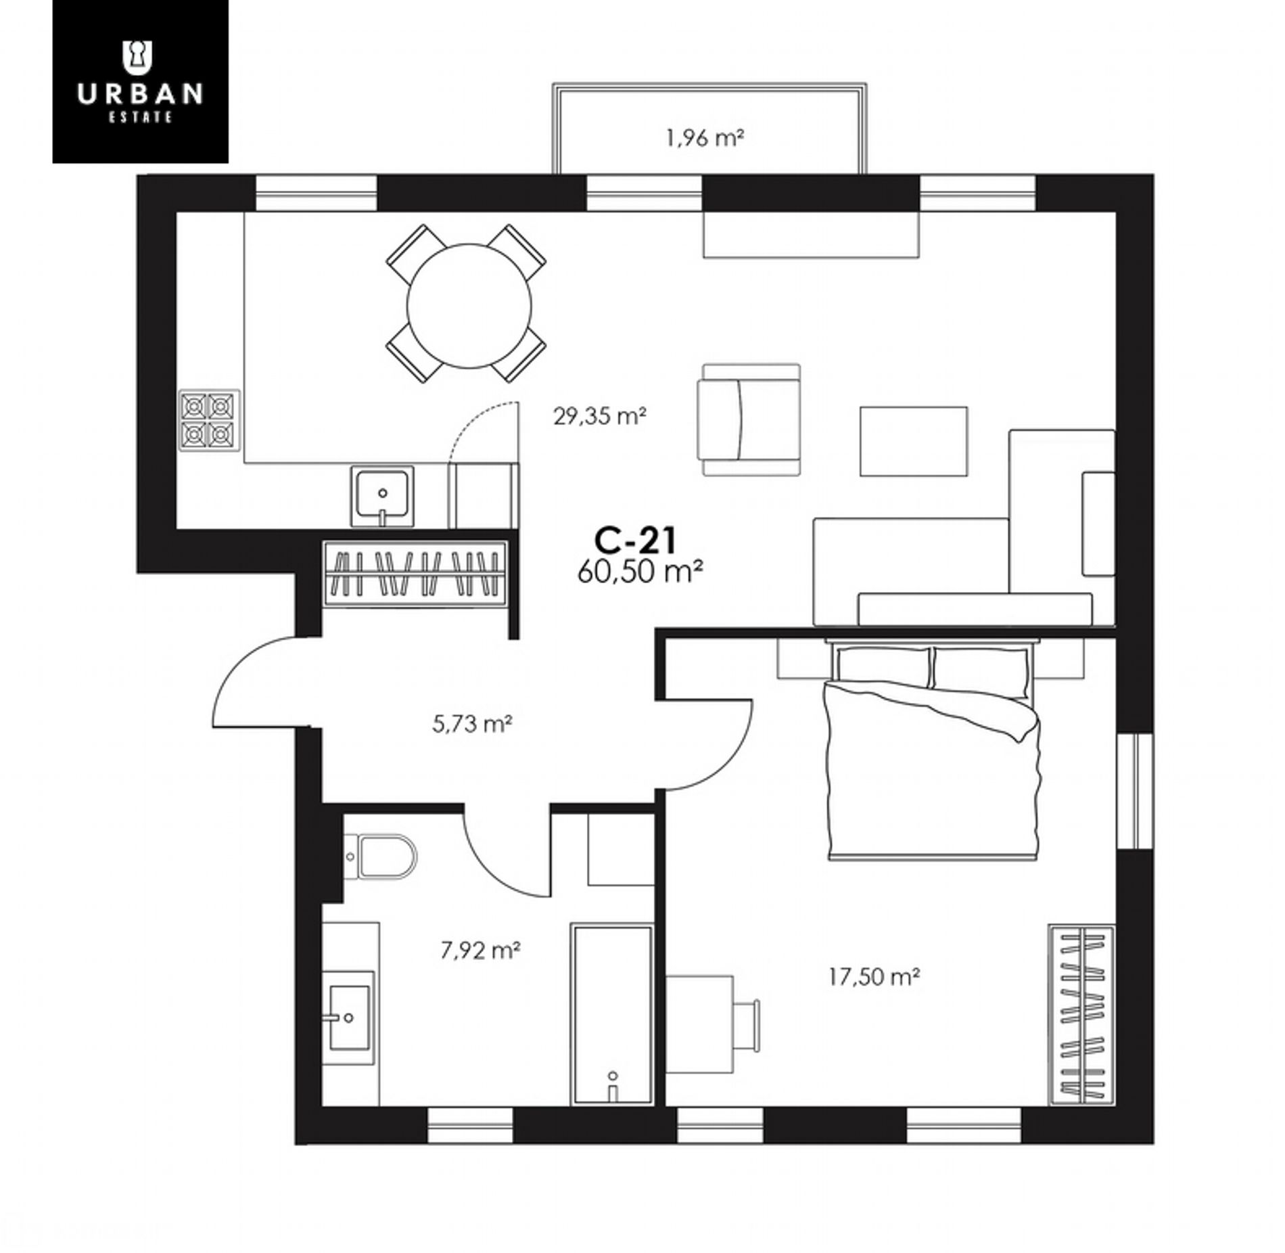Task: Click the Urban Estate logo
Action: click(141, 81)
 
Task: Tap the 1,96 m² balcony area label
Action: click(705, 139)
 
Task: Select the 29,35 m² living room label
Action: click(600, 415)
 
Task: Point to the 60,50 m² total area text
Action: click(639, 572)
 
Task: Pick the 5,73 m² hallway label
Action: click(471, 725)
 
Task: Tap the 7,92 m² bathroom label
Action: click(480, 951)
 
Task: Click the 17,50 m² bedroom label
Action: click(874, 976)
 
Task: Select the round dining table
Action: click(469, 306)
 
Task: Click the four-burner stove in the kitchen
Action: click(209, 420)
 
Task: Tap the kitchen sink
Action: click(382, 496)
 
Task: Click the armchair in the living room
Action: click(751, 419)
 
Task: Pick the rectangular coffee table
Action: click(913, 441)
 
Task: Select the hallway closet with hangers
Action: click(415, 573)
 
